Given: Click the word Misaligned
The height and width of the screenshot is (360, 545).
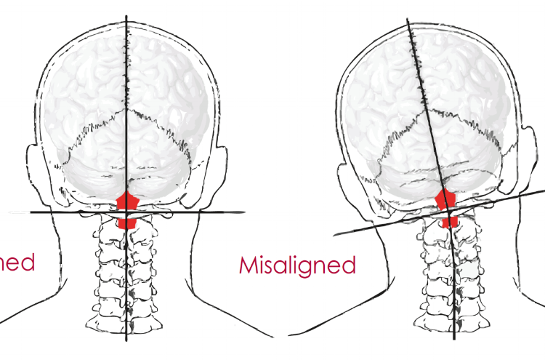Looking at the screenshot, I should pyautogui.click(x=297, y=265).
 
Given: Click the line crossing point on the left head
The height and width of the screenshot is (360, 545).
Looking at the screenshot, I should pyautogui.click(x=127, y=212).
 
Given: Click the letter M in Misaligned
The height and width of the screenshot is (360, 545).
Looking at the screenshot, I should pyautogui.click(x=249, y=265).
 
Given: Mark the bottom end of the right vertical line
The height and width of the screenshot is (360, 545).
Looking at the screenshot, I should pyautogui.click(x=455, y=339).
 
